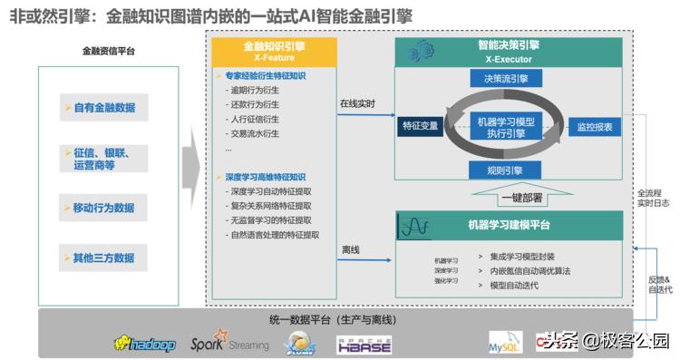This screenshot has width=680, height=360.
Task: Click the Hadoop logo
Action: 144,343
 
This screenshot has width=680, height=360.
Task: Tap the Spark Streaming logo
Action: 229,344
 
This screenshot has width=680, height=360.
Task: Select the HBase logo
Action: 364,344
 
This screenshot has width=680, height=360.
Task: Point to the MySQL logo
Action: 506,343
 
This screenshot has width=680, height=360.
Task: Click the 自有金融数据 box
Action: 103,108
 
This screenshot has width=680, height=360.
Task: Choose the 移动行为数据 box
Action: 103,208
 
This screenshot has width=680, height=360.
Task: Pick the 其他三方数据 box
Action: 103,258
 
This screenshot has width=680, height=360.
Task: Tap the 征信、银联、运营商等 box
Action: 103,158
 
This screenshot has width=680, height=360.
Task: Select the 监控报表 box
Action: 595,126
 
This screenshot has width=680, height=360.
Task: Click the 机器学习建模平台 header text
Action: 509,224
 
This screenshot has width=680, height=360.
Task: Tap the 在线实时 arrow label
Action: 357,103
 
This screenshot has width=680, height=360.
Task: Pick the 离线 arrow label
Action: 351,248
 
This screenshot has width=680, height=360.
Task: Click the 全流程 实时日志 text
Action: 652,198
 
